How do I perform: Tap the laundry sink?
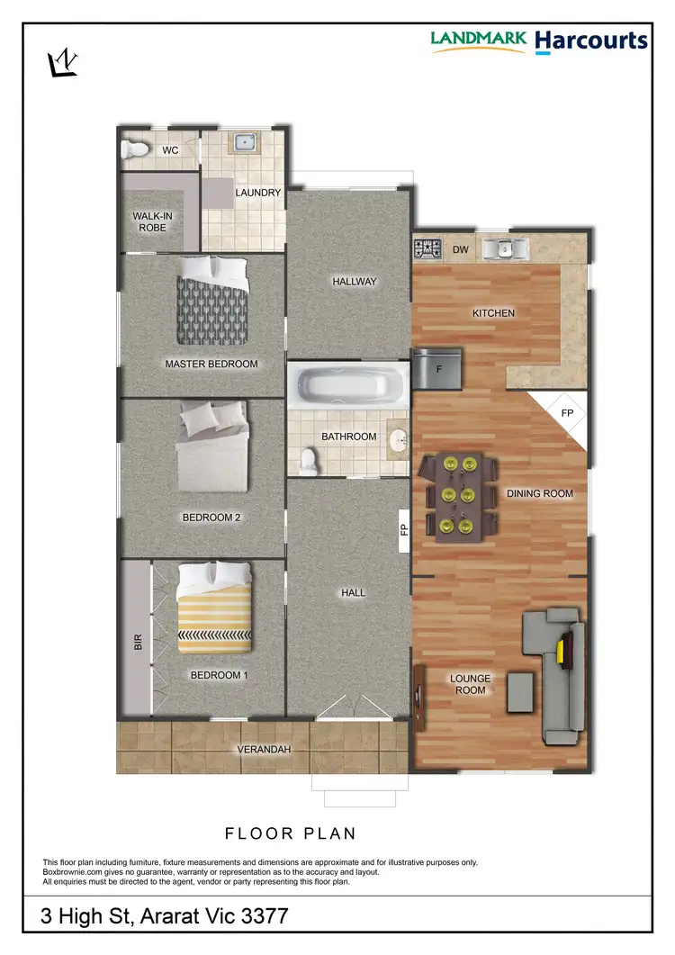click(x=243, y=141)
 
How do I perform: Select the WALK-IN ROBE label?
click(x=149, y=221)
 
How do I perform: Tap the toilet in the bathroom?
click(x=307, y=461)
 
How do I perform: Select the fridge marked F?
click(x=437, y=369)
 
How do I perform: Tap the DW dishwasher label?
click(x=460, y=249)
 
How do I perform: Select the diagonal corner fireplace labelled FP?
click(x=564, y=415)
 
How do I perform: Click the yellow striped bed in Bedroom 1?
click(x=214, y=608)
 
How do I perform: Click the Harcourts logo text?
click(x=590, y=41)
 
